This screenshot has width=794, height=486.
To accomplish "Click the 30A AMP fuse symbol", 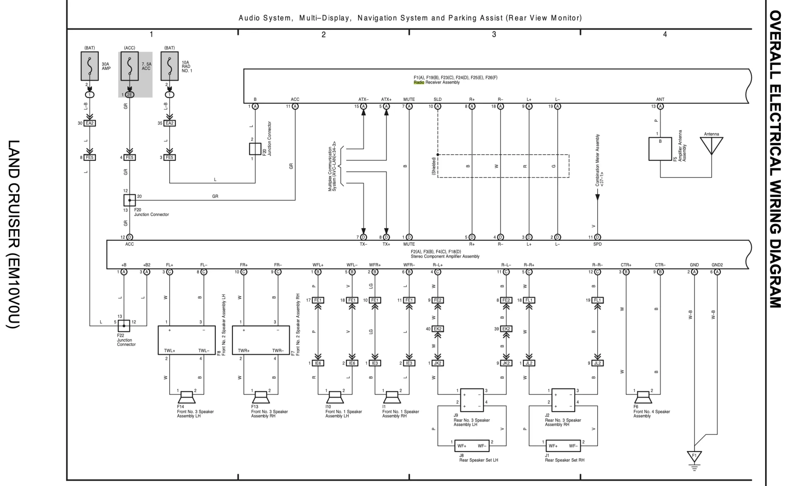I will pos(90,66).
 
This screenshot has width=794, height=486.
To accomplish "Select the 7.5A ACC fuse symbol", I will pos(129,66).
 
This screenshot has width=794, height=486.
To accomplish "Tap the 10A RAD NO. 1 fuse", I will pos(170,66).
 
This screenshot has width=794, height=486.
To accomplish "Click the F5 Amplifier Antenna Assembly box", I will pos(660,149).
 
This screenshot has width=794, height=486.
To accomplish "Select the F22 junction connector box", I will pos(124,326).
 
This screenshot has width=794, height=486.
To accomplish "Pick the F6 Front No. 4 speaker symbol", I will pos(643,397).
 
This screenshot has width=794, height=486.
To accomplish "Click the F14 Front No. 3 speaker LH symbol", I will pos(187,397).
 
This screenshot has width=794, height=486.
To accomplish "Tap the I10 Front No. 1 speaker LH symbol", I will pos(335,397).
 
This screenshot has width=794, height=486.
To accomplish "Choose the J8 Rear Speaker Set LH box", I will pos(471,446).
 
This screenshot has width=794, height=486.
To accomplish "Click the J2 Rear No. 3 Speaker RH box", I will pos(563,400).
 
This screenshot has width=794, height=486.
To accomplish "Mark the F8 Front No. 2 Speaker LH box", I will pos(187,340).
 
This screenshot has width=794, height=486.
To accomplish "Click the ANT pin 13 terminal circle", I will pos(660,106).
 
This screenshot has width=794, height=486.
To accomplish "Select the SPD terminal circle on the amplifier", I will pos(597,237).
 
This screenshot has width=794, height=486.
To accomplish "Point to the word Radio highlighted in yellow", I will pos(419,82).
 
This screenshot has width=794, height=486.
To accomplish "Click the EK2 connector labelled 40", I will pos(438,329).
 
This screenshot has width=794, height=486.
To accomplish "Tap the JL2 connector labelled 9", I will pos(597,363).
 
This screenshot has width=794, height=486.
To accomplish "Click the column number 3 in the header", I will pos(494,35).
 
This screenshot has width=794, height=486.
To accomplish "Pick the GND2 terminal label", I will pos(717,265).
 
